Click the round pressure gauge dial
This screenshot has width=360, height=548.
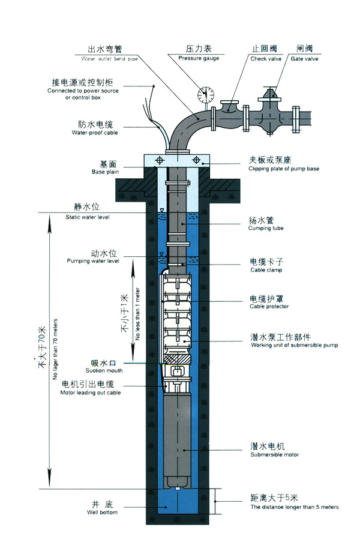point(206,94)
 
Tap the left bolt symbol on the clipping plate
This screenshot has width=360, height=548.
point(160,160)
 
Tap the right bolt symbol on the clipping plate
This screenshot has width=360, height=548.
point(196,160)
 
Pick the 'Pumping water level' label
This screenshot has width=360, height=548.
point(92,262)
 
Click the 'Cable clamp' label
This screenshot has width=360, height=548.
point(265,270)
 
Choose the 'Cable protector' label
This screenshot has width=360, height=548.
point(269,306)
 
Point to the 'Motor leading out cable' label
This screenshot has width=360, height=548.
point(90,393)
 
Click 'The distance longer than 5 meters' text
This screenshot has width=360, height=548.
point(294,507)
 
